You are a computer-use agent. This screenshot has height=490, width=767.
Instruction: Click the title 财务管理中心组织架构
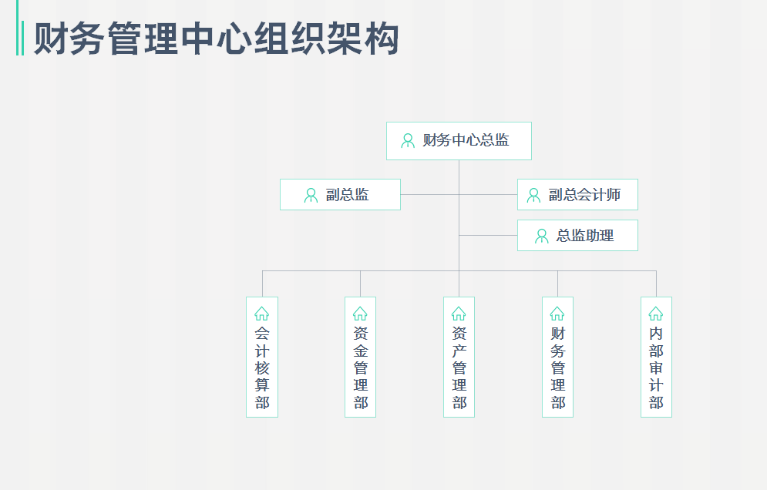pos(217,39)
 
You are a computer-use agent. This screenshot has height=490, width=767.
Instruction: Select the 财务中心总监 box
pos(459,141)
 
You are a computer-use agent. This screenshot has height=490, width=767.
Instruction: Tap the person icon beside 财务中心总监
pos(408,141)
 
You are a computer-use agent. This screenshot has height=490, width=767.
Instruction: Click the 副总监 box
pos(340,195)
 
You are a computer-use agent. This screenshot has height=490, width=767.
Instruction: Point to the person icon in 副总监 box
pos(311,195)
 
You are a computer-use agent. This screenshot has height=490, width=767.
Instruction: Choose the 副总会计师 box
pos(577,195)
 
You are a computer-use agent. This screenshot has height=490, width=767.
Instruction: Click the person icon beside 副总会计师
pos(533,195)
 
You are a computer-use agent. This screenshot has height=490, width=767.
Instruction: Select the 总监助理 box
pos(577,236)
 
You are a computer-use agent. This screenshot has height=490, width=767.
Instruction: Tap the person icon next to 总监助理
pos(542,236)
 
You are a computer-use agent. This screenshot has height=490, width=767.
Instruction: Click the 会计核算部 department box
pos(262,357)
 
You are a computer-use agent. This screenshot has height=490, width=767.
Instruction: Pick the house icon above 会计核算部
pos(262,314)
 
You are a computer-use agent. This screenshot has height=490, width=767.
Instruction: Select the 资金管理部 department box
pos(360,357)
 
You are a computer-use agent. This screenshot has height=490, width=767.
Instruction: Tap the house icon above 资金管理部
pos(360,314)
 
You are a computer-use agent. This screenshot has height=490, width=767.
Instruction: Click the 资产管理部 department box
pos(459,357)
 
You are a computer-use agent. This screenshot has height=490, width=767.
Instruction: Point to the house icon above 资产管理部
pos(459,314)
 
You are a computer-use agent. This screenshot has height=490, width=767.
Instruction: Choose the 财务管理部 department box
pos(557,357)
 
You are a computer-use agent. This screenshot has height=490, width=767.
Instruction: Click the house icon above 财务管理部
pos(557,314)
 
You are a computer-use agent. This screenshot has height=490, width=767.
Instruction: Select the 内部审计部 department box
pos(656,357)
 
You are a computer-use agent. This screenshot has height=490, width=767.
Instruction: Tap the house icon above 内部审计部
pos(656,314)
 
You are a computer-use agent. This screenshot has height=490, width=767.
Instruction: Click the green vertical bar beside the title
pos(20,39)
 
